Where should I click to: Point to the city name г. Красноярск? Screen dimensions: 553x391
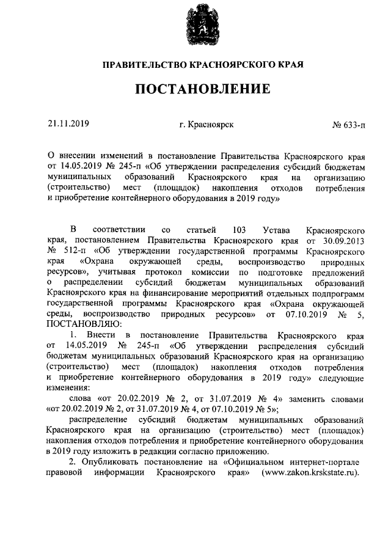[206, 125]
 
